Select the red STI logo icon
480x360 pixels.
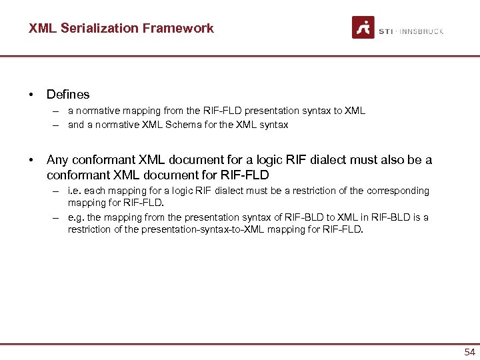click(x=363, y=28)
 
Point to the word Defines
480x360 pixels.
click(x=68, y=95)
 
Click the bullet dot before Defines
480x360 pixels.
click(x=31, y=95)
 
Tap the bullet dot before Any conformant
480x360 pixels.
click(x=31, y=160)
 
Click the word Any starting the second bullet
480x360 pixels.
click(x=57, y=160)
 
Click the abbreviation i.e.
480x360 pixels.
click(x=75, y=191)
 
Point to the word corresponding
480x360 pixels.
click(x=402, y=191)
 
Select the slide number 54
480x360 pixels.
click(x=469, y=352)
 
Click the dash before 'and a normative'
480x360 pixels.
click(x=58, y=125)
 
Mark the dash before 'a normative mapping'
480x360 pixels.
click(x=58, y=111)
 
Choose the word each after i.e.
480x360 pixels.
click(x=97, y=191)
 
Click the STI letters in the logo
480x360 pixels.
click(x=385, y=31)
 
